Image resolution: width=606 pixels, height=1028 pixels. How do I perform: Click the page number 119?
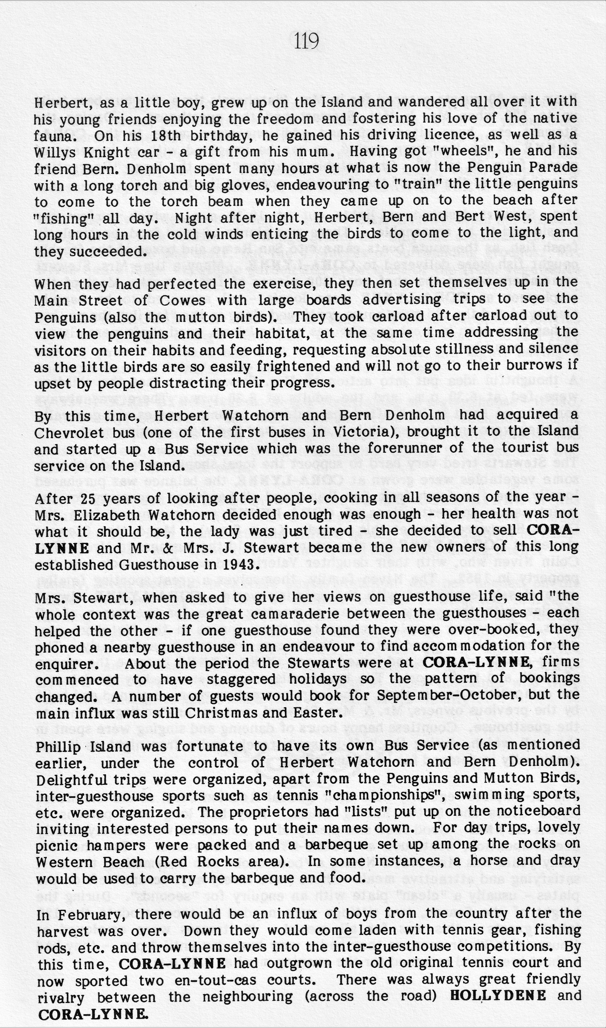point(306,41)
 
